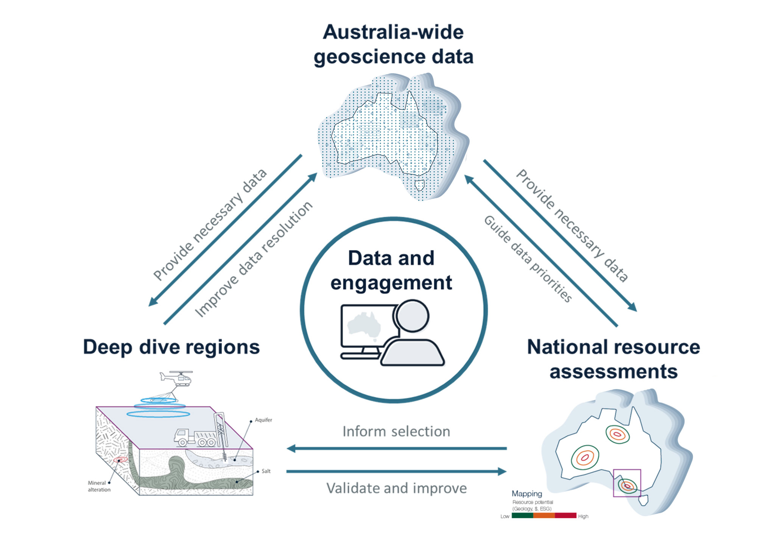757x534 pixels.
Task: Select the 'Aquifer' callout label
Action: coord(263,420)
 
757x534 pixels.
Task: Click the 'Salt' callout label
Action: coord(266,471)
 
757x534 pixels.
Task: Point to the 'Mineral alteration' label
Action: coord(99,486)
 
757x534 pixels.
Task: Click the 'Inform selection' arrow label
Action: coord(396,432)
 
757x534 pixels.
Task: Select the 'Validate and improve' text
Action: coord(396,489)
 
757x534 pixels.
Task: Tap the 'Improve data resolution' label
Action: coord(254,260)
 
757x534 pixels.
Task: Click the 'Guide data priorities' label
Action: coord(528,259)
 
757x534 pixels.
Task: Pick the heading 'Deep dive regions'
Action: coord(171,347)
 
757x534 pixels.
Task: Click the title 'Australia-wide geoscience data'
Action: coord(393,44)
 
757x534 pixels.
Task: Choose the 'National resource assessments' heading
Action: coord(613,359)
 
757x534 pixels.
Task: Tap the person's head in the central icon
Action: coord(412,316)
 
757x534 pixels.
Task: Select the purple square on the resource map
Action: coord(627,483)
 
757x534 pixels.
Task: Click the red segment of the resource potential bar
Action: coord(565,515)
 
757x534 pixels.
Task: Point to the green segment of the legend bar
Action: coord(522,515)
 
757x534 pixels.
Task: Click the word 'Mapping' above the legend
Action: coord(527,494)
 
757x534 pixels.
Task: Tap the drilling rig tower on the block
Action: coord(220,431)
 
